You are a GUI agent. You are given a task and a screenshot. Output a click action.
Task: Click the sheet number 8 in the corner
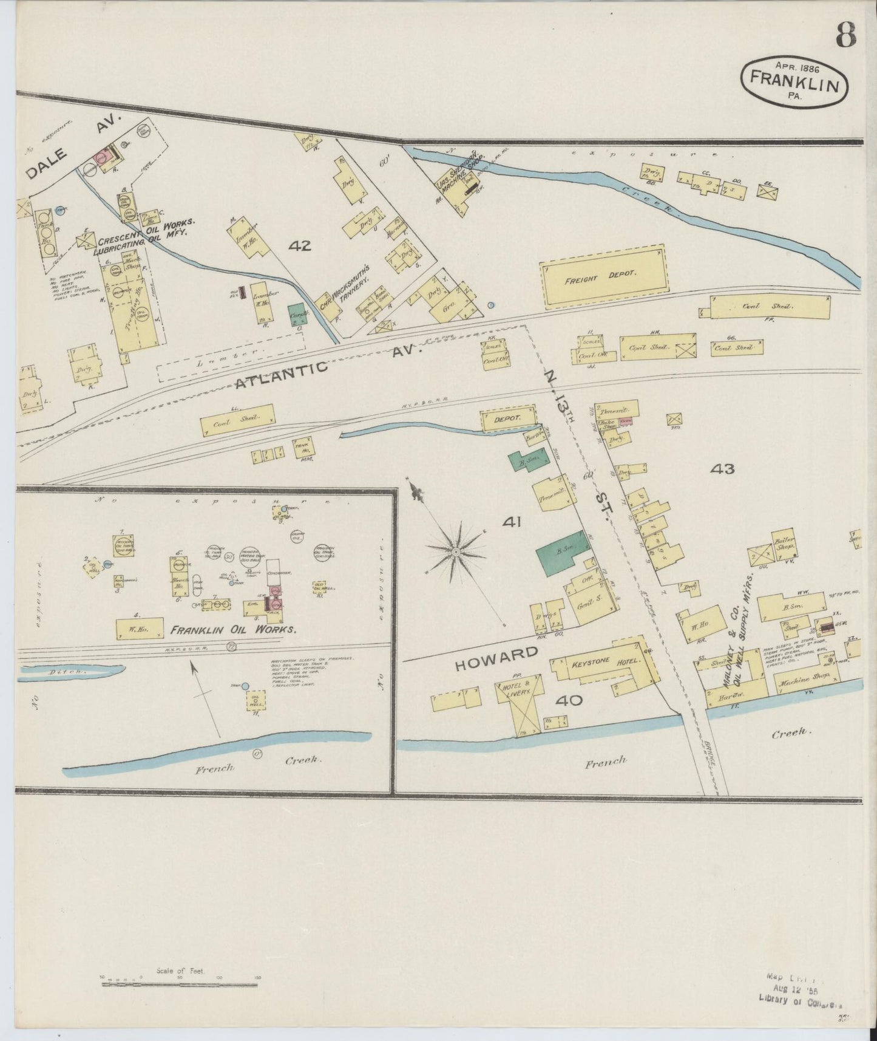[x=845, y=36]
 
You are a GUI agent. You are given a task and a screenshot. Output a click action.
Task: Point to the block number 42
[x=300, y=246]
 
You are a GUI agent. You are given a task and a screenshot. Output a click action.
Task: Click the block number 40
[x=569, y=700]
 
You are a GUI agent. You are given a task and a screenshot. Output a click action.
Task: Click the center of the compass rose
[x=455, y=551]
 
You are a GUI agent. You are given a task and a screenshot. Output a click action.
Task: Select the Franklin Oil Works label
[x=234, y=630]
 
